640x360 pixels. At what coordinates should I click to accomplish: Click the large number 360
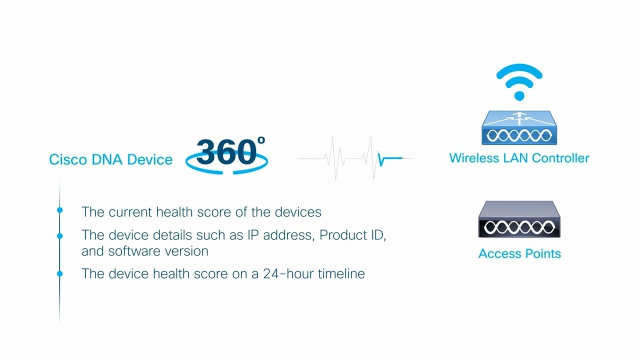coord(226,151)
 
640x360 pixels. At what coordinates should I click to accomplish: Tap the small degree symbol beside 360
coord(261,141)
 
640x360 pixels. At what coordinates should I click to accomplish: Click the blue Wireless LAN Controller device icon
coord(519,128)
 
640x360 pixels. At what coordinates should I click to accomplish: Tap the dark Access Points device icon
coord(519,220)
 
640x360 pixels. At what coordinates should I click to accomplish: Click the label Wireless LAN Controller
coord(519,158)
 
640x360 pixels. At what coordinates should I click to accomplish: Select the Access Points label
coord(519,253)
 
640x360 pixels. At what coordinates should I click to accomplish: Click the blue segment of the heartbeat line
coord(390,159)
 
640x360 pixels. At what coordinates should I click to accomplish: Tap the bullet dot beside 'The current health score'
coord(60,210)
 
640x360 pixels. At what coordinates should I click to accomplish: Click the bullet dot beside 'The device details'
coord(60,235)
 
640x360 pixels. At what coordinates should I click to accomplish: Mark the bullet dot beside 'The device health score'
coord(60,273)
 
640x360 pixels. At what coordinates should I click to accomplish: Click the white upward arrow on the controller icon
coord(519,118)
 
